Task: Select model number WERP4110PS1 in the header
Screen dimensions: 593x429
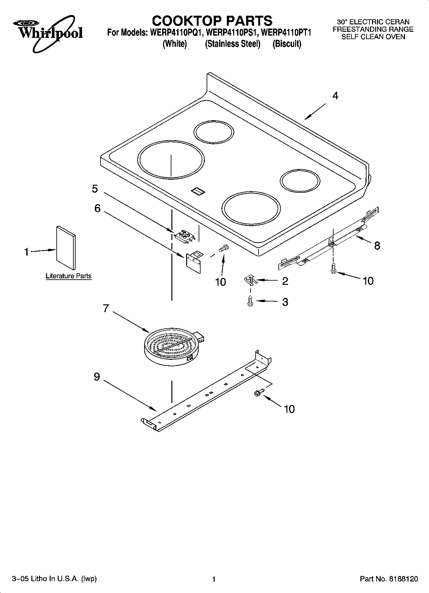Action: point(233,33)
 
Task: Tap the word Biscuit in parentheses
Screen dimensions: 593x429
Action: point(287,44)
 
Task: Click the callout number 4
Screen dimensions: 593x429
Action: point(335,96)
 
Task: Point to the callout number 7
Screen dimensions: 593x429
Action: point(106,308)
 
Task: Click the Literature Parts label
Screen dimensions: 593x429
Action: point(69,276)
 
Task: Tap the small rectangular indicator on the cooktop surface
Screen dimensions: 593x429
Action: point(198,191)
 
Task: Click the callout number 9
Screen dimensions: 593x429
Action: point(97,377)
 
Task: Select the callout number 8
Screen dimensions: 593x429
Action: point(377,246)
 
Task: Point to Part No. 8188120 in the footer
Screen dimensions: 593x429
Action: point(389,579)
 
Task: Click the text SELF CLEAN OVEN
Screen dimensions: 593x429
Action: point(373,37)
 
